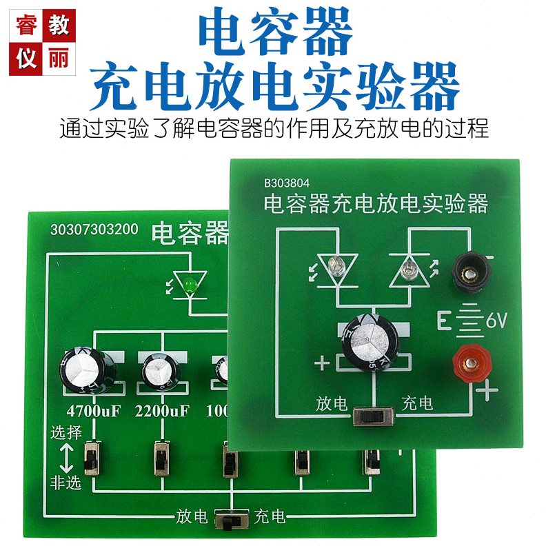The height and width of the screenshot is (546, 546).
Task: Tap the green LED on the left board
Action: point(191,281)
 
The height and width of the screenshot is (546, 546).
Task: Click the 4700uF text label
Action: point(93,411)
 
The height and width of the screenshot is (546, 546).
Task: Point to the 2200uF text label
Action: point(161,411)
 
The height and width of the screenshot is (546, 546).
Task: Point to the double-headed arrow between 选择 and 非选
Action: point(68,457)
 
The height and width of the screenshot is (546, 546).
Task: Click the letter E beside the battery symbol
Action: point(445,321)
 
